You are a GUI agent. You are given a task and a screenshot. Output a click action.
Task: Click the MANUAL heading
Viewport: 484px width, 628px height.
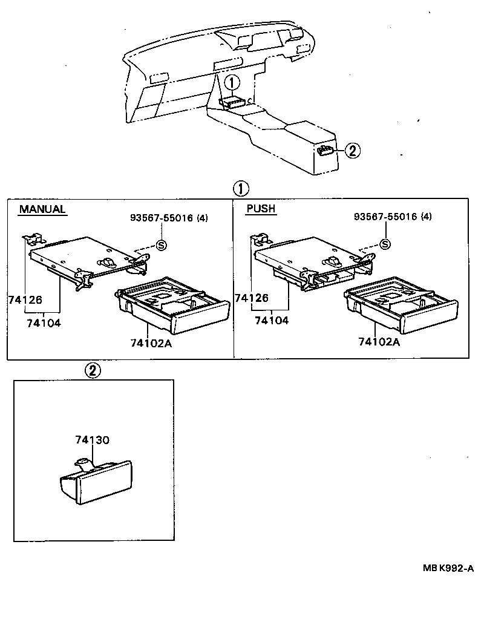(x=42, y=209)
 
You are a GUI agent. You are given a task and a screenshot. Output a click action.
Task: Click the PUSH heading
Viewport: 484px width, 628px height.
(x=261, y=209)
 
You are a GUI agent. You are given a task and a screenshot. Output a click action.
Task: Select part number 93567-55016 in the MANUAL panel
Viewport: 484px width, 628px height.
(x=162, y=218)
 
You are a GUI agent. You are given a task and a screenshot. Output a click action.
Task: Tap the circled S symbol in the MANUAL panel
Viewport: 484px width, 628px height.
(x=162, y=245)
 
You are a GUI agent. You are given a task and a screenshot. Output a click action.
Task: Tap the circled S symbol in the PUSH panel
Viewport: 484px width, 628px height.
(x=385, y=244)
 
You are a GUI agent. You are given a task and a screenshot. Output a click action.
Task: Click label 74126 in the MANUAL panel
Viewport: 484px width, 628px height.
(x=25, y=299)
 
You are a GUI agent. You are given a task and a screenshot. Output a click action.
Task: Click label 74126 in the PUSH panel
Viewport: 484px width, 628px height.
(x=252, y=298)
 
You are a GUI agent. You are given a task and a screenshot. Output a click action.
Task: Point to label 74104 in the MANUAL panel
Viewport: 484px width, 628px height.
(x=44, y=323)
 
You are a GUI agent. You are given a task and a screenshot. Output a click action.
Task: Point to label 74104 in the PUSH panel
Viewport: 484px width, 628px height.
(x=272, y=320)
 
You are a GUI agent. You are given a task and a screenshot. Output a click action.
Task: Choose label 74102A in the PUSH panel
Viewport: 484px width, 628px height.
(x=379, y=342)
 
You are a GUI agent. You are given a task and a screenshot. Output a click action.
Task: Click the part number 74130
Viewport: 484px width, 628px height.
(x=92, y=440)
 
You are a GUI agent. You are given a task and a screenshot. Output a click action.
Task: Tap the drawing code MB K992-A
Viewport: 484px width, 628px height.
(x=448, y=568)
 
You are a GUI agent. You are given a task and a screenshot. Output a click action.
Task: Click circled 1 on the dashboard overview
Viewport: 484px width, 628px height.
(x=233, y=82)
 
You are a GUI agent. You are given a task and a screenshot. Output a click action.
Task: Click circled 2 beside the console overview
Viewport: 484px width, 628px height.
(x=353, y=151)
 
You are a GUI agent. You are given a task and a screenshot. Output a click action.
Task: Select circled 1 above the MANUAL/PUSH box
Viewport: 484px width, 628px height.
(x=241, y=188)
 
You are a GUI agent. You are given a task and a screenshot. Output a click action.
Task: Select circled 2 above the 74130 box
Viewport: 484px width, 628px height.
(x=92, y=370)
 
